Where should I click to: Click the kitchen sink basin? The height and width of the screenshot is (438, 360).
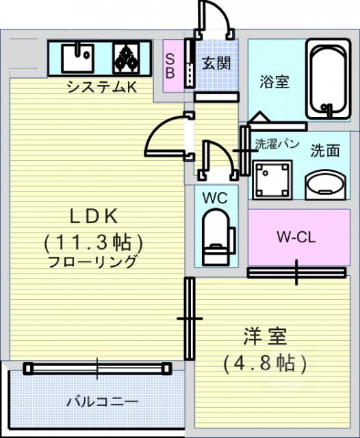coord(77,57)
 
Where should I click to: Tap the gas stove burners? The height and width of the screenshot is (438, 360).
coord(126,57)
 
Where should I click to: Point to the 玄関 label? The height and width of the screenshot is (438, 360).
coord(216,64)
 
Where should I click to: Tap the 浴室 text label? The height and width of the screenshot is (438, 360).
coord(274,81)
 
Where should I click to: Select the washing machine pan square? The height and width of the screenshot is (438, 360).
coord(272,178)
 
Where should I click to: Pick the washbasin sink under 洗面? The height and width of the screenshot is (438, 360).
coord(326,183)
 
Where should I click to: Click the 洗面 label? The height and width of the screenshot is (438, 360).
coord(324,150)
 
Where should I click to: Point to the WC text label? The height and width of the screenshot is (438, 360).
coord(215,198)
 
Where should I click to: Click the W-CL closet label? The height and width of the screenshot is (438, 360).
coord(296,237)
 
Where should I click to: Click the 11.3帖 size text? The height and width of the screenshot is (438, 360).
coord(94,241)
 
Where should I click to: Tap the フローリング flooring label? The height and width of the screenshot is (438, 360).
coord(94,262)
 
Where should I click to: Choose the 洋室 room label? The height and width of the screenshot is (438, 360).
coord(265,337)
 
